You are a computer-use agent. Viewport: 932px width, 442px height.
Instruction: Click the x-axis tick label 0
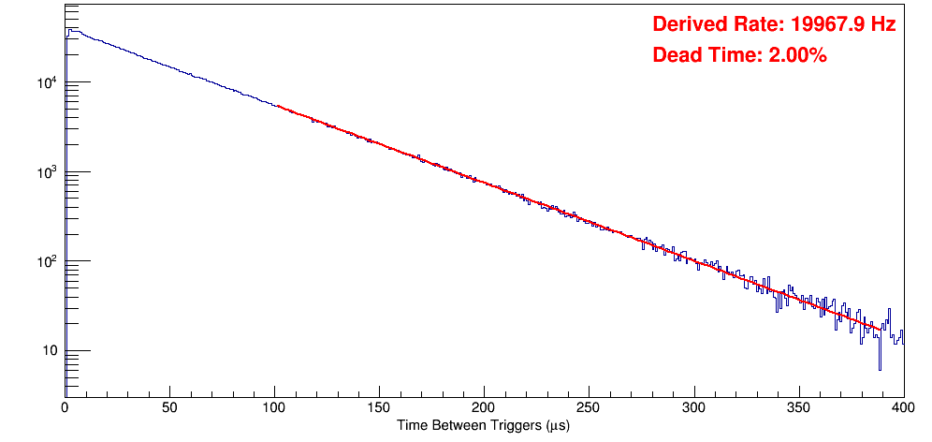pyautogui.click(x=65, y=407)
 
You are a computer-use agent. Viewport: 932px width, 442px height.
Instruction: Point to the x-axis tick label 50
pyautogui.click(x=169, y=407)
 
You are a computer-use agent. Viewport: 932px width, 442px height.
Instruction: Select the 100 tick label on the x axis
pyautogui.click(x=274, y=407)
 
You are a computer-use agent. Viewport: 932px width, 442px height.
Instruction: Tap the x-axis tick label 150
pyautogui.click(x=379, y=407)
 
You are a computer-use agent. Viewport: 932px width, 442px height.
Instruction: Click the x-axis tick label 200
pyautogui.click(x=484, y=407)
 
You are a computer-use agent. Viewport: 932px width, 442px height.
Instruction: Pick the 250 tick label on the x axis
pyautogui.click(x=589, y=407)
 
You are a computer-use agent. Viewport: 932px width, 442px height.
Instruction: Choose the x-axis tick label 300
pyautogui.click(x=693, y=407)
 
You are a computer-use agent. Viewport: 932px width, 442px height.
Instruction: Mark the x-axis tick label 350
pyautogui.click(x=798, y=407)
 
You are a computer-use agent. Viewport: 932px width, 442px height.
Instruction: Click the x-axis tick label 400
pyautogui.click(x=902, y=407)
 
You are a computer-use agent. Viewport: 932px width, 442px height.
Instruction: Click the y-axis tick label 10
pyautogui.click(x=49, y=352)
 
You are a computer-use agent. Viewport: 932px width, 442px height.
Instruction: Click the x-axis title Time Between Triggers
pyautogui.click(x=483, y=426)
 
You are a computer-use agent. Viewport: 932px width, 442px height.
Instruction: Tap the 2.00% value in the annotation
pyautogui.click(x=797, y=56)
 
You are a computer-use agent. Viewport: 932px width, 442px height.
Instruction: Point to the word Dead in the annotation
pyautogui.click(x=674, y=56)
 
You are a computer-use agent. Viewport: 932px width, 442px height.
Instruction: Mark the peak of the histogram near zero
pyautogui.click(x=69, y=30)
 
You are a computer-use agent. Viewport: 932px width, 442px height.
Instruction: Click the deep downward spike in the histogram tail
pyautogui.click(x=880, y=368)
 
